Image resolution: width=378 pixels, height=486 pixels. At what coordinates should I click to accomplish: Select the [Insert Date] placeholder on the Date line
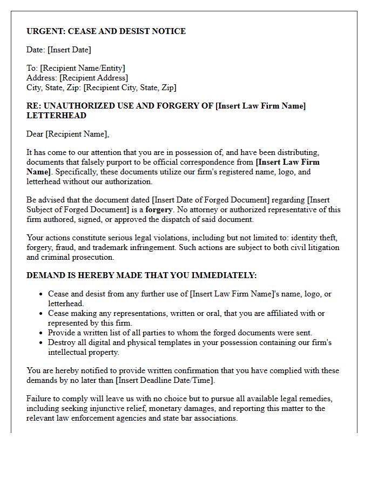point(69,50)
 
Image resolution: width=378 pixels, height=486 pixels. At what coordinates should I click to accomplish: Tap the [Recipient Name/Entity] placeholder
point(83,68)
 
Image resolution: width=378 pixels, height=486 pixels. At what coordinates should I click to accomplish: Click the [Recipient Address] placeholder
point(93,78)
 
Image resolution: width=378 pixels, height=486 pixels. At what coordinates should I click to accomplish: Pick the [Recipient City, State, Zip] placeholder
point(130,87)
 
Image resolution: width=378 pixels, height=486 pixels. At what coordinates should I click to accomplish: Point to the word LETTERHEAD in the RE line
point(56,116)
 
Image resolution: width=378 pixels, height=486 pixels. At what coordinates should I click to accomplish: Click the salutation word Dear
point(35,134)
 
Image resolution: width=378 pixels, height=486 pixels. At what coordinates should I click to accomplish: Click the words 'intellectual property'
point(83,352)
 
